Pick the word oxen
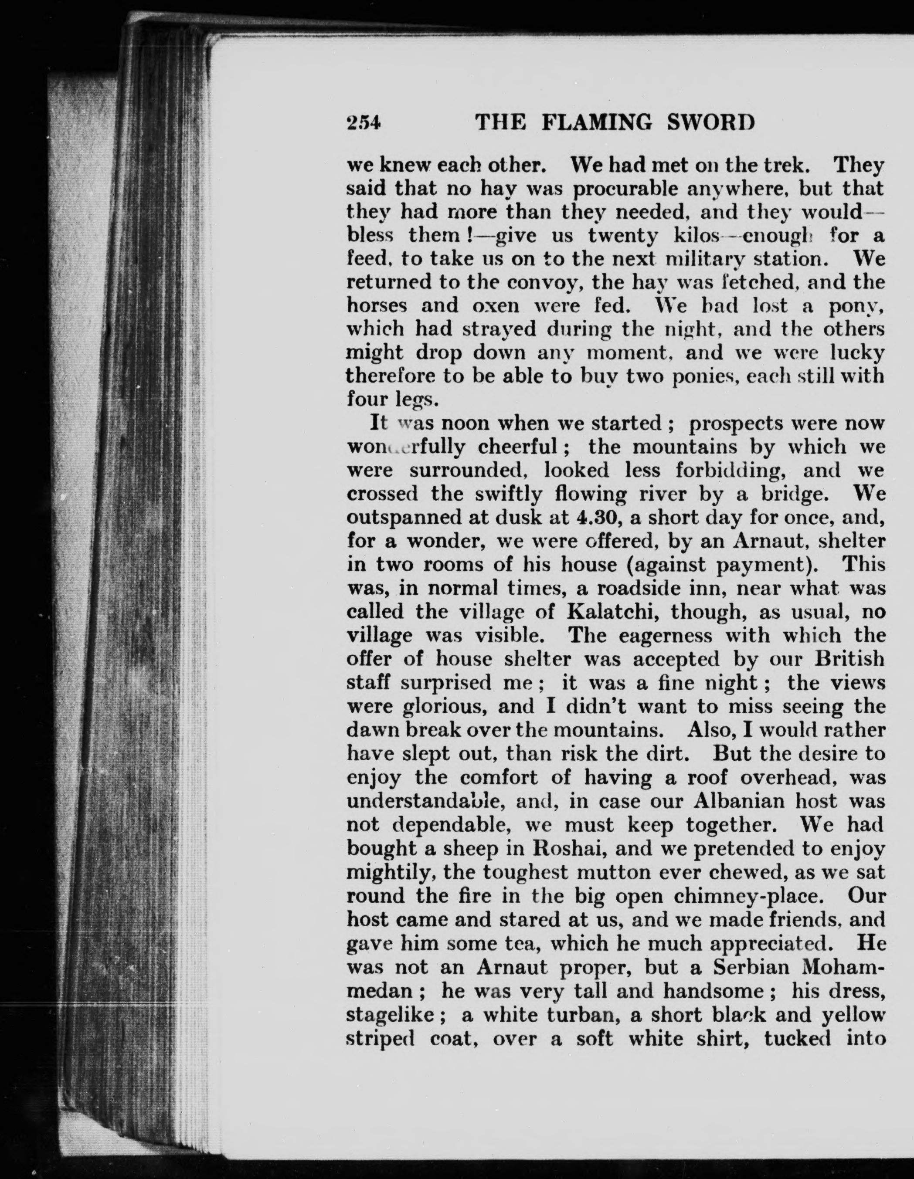(495, 306)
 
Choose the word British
(850, 659)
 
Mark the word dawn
(372, 730)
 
